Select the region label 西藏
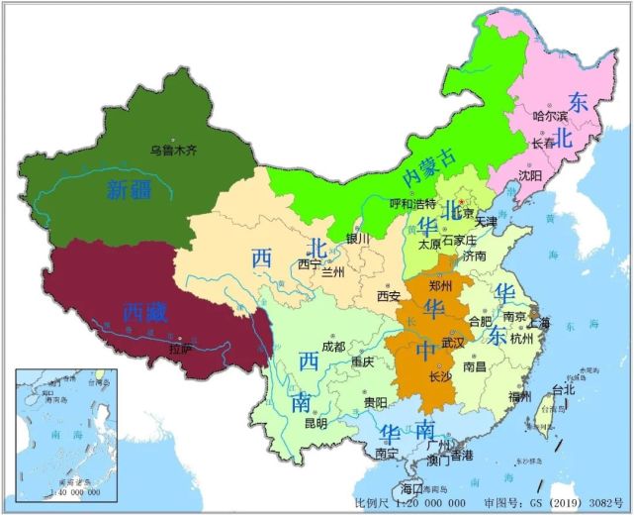pyautogui.click(x=145, y=312)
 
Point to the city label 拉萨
pyautogui.click(x=180, y=348)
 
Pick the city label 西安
pyautogui.click(x=389, y=295)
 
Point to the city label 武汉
pyautogui.click(x=453, y=341)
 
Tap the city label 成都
pyautogui.click(x=333, y=347)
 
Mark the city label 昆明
pyautogui.click(x=315, y=423)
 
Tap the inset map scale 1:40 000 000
pyautogui.click(x=64, y=491)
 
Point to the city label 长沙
pyautogui.click(x=440, y=375)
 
